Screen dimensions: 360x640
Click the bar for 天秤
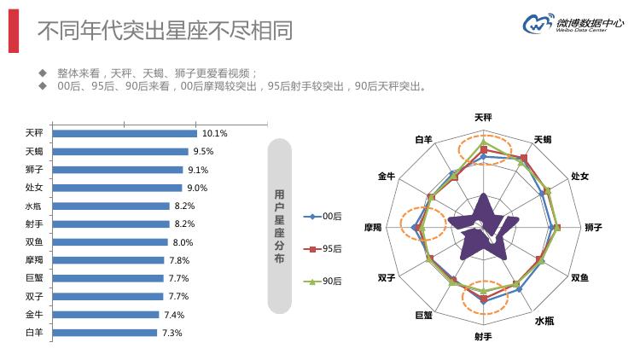click(125, 133)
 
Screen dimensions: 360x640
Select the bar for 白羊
click(105, 333)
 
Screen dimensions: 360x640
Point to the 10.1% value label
click(214, 133)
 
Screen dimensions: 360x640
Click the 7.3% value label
click(172, 333)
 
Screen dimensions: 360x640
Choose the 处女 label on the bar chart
click(34, 188)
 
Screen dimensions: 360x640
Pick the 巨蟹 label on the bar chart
click(34, 278)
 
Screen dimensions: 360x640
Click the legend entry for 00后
click(325, 217)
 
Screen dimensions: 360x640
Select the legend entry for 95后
click(325, 248)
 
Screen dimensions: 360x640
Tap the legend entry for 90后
click(325, 281)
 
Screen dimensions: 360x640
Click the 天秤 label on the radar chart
click(483, 118)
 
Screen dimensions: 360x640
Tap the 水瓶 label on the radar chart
click(544, 321)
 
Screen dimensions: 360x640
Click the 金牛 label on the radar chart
click(386, 176)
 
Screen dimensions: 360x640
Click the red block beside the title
click(12, 31)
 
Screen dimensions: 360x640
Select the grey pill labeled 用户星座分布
click(281, 226)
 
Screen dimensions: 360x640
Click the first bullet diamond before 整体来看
click(42, 73)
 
